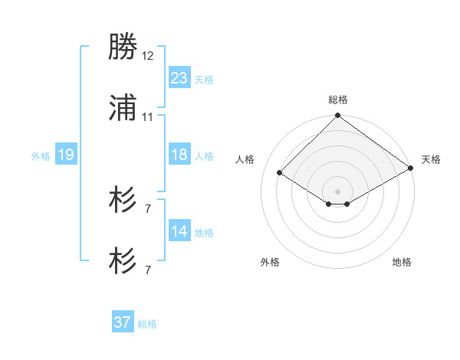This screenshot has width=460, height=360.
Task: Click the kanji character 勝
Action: pos(123,47)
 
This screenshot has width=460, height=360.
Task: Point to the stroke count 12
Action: pos(148,56)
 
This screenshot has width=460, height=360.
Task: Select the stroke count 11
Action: pos(148,117)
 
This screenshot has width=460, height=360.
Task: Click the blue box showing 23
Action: pos(179,78)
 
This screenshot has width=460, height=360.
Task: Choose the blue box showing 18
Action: pos(179,155)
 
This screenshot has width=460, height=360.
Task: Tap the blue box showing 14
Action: pos(179,231)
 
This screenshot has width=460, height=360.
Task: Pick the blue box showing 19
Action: pos(66,155)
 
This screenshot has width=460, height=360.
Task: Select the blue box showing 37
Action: pos(123,322)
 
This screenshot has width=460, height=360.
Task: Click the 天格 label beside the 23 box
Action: pos(204,80)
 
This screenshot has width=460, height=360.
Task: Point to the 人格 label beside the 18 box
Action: pos(204,156)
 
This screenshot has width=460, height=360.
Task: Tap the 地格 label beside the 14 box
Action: pos(204,233)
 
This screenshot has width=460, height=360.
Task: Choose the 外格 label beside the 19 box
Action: pos(41,156)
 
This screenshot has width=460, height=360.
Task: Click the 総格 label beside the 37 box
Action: pos(147,324)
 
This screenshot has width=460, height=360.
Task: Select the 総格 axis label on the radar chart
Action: pos(338,100)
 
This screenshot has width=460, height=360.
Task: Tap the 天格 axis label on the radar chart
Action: pos(432,159)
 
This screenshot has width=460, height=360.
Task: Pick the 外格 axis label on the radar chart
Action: pos(270,262)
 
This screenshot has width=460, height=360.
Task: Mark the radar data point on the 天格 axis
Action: pos(411,168)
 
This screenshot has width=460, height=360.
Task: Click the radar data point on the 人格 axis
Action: pos(281,173)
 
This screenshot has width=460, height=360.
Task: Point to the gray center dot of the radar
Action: pos(337,191)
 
